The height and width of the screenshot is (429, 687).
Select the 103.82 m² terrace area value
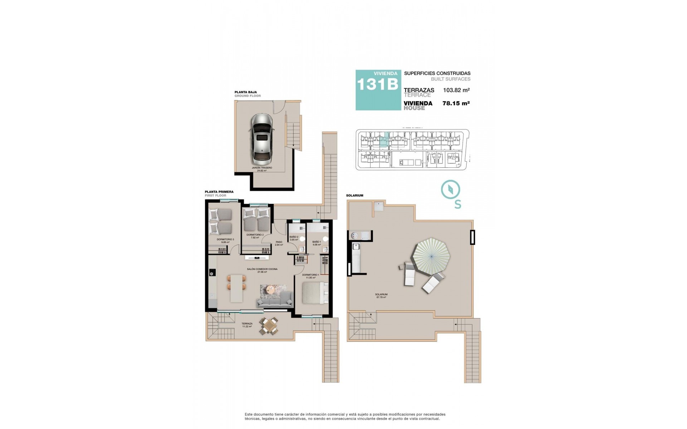click(456, 90)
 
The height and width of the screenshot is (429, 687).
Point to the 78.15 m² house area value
click(456, 103)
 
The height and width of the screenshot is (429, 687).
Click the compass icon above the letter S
click(450, 189)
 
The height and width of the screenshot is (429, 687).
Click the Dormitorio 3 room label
click(225, 241)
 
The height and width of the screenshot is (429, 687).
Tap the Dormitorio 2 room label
click(255, 236)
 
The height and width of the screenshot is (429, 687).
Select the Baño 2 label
click(293, 238)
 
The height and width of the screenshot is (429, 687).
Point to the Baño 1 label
click(316, 243)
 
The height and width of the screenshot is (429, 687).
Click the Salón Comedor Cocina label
click(262, 270)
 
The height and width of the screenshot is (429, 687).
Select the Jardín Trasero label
click(262, 169)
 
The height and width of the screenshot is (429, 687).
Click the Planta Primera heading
click(219, 192)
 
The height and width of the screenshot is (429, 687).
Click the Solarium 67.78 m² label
click(382, 296)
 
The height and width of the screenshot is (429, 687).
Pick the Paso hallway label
click(279, 243)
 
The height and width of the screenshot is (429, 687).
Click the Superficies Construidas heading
click(437, 73)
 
